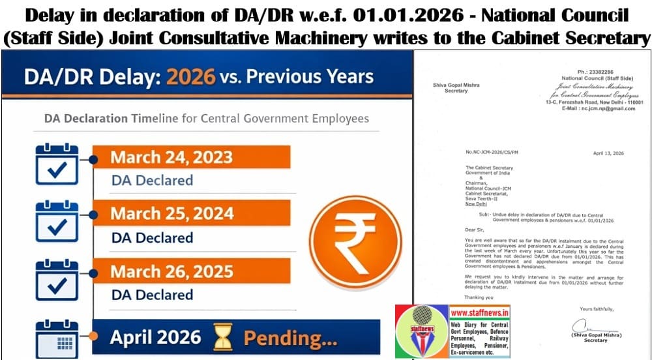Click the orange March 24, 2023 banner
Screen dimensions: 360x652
[189, 158]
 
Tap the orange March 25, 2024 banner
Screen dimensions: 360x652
[189, 214]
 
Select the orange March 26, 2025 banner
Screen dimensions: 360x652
[189, 271]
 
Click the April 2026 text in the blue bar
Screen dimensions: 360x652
[155, 337]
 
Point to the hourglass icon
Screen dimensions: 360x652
[222, 338]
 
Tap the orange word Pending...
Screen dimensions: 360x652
[290, 338]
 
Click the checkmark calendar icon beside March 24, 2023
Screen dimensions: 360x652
[57, 166]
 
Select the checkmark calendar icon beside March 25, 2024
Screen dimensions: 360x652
[57, 222]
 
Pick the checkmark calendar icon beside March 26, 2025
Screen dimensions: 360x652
[57, 279]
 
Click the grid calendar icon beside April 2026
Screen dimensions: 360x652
[57, 339]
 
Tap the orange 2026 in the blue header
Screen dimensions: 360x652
[190, 76]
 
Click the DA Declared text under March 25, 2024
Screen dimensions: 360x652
[152, 237]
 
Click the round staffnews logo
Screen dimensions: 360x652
[422, 332]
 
